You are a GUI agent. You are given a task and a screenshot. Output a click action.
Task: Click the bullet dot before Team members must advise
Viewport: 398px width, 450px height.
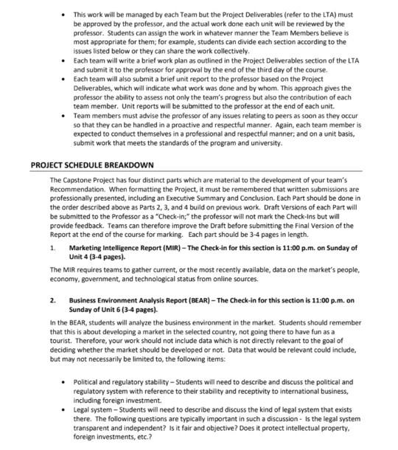66,117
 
